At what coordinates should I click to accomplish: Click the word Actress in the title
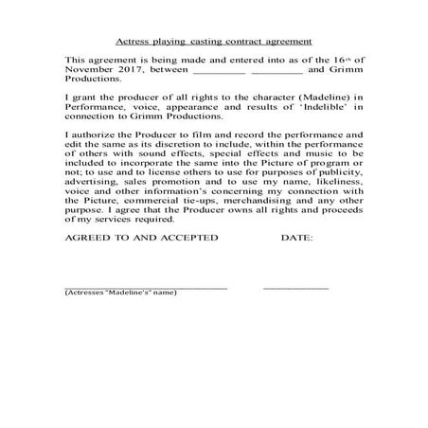(x=131, y=43)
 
